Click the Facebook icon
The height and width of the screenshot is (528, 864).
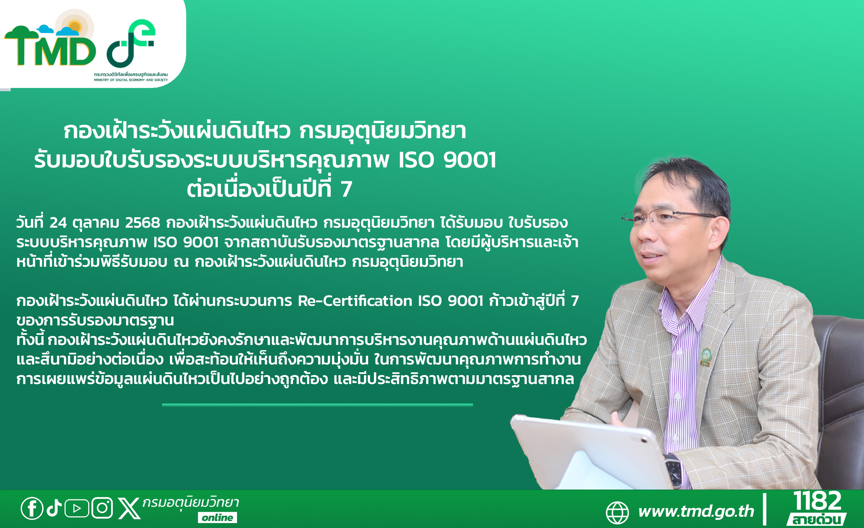tap(32, 508)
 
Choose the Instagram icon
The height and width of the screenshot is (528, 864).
tap(102, 508)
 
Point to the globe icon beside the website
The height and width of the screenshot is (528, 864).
tap(617, 513)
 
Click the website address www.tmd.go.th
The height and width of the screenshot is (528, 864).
tap(696, 511)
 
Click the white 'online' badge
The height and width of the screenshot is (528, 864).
tap(217, 518)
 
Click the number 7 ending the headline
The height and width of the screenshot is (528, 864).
tap(346, 190)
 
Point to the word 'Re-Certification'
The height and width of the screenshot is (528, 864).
tap(355, 301)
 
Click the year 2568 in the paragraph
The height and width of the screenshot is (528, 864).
tap(142, 223)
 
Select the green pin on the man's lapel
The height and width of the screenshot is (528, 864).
tap(706, 357)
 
